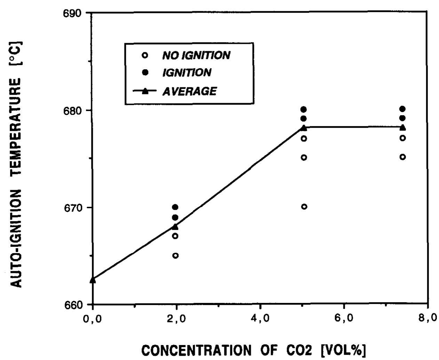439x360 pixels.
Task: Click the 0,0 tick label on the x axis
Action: click(93, 319)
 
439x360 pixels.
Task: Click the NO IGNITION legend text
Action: click(196, 55)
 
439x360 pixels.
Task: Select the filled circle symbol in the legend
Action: click(146, 72)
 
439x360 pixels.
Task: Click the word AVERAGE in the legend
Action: click(189, 91)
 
